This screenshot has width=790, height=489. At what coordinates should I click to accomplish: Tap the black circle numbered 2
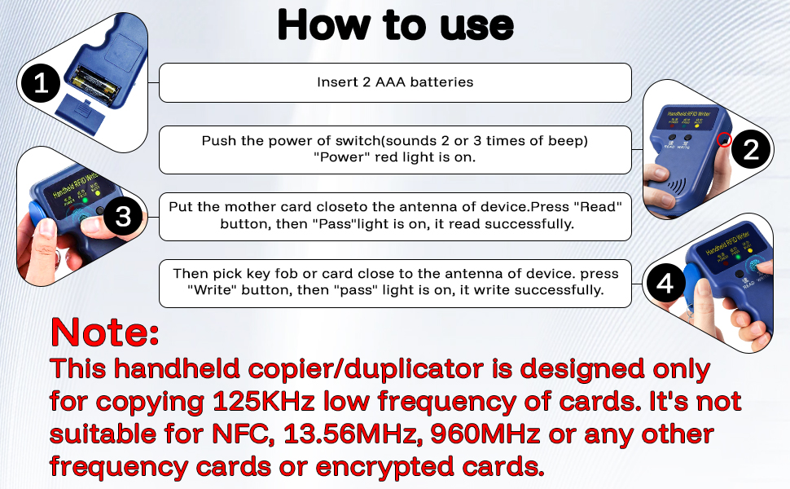[751, 148]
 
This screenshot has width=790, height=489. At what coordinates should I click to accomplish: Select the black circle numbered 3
[123, 217]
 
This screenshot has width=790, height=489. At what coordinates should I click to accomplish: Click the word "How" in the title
[317, 25]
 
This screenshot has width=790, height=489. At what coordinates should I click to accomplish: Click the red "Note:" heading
[104, 333]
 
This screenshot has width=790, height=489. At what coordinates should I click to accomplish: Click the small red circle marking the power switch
[722, 140]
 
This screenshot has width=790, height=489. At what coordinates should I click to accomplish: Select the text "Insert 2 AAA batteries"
[395, 82]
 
